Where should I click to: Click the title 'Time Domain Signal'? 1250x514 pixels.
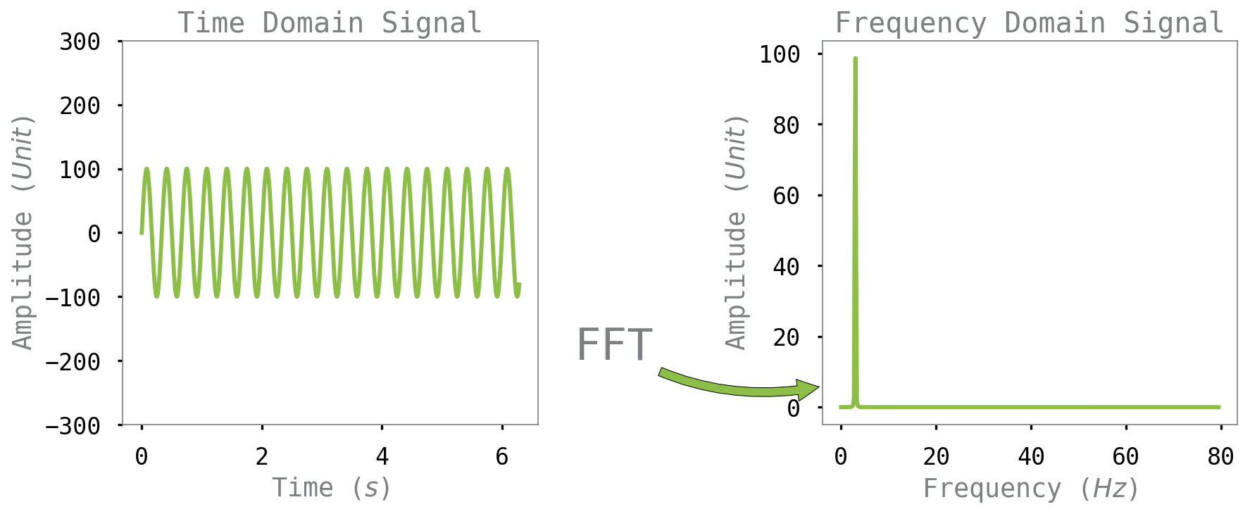330,23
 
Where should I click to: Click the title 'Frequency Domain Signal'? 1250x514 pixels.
1029,23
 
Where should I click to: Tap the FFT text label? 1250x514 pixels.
615,345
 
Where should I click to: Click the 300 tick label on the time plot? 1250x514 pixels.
80,42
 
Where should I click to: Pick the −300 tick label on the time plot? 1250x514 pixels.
73,426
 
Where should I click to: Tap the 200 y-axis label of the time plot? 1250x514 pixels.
80,106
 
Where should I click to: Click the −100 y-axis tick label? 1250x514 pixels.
73,298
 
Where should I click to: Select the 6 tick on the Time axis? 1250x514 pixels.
501,457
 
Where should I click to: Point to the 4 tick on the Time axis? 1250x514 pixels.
382,457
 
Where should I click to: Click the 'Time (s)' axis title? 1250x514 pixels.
331,487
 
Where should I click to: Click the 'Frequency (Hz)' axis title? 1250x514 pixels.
1030,488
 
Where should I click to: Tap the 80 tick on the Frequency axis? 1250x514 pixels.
1220,457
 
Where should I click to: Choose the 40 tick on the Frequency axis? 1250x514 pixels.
1031,457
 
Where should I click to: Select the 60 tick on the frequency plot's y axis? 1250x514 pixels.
786,196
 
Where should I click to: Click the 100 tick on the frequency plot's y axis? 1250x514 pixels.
780,54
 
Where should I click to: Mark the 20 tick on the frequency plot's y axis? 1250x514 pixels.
786,337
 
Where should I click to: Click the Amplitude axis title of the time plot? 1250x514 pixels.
23,232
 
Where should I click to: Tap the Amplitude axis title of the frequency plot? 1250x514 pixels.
736,232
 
